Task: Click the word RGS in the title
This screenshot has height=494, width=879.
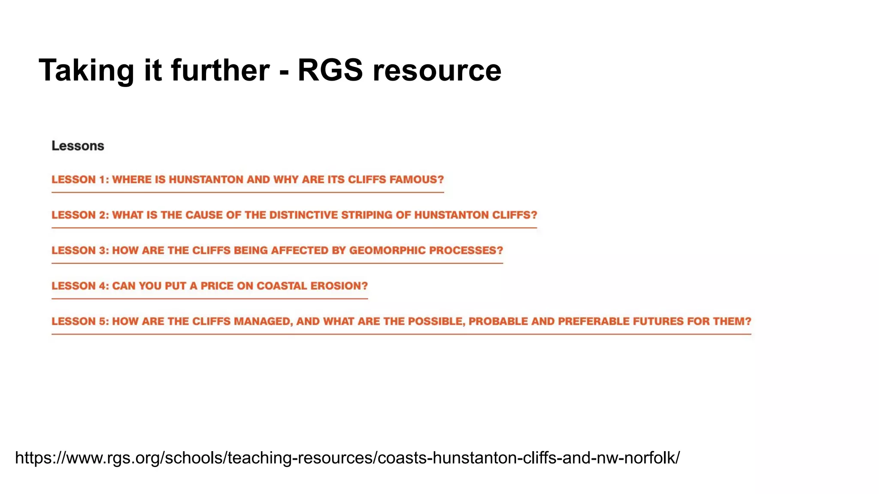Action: click(x=330, y=70)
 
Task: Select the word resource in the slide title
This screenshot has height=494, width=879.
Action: click(x=437, y=70)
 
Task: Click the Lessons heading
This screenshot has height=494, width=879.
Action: click(x=78, y=146)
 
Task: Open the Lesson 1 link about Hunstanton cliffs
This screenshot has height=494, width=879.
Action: click(x=247, y=180)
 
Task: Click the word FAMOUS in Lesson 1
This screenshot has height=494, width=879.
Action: click(x=416, y=180)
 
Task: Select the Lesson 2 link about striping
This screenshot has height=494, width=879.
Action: click(x=294, y=215)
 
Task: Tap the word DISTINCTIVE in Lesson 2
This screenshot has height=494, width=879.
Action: click(x=303, y=215)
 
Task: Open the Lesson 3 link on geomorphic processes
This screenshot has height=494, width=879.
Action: click(x=277, y=250)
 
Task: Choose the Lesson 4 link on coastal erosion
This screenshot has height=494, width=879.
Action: click(x=209, y=286)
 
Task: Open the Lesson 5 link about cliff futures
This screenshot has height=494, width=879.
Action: click(x=401, y=321)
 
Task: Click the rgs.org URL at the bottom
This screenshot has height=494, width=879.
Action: click(x=347, y=458)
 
